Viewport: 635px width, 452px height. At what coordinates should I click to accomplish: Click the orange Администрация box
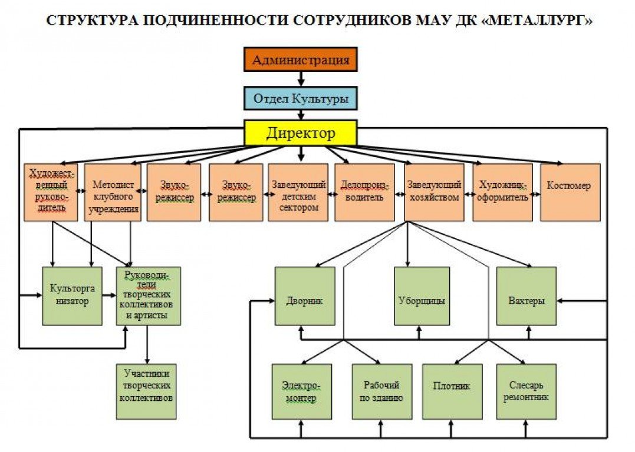point(301,59)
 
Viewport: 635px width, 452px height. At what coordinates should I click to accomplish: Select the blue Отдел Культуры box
point(301,98)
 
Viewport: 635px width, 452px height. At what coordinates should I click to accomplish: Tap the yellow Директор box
point(301,133)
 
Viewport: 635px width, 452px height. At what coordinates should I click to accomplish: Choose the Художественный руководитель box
point(51,192)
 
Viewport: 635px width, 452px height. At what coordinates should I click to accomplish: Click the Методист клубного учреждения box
point(113,192)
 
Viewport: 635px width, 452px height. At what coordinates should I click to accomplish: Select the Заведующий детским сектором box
point(298,192)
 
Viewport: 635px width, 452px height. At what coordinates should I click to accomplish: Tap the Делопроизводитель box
point(364,192)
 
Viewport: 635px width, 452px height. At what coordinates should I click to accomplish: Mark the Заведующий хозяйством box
point(434,192)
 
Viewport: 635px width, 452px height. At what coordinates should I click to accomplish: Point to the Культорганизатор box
point(72,295)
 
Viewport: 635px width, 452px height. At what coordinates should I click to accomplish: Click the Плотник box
point(452,391)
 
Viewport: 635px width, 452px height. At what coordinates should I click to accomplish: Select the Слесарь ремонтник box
point(526,391)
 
